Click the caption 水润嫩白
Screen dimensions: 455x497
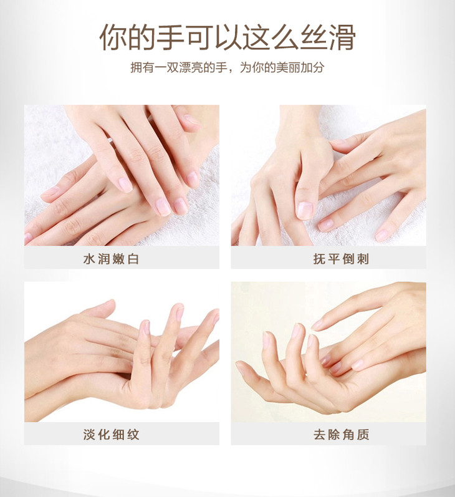[x=111, y=259]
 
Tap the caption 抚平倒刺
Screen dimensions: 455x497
[x=342, y=259]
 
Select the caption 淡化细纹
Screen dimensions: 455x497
[x=111, y=434]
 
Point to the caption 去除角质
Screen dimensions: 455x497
[x=342, y=434]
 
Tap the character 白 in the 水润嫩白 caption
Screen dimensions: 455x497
[x=133, y=259]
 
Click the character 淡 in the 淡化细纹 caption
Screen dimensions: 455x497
[x=89, y=434]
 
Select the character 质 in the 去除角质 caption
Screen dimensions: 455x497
[x=364, y=434]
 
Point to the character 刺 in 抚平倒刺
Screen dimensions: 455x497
[x=364, y=259]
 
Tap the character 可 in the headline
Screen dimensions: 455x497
[x=199, y=37]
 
